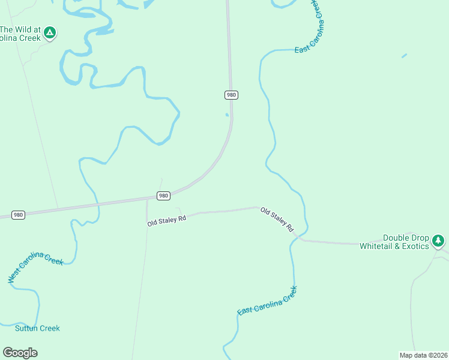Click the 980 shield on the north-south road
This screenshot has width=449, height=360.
tap(232, 95)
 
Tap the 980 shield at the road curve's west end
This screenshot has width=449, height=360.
tap(164, 196)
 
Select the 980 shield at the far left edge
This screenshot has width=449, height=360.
tap(18, 214)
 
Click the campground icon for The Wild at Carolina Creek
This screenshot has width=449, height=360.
tap(50, 32)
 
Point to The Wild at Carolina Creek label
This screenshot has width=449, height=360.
tap(20, 34)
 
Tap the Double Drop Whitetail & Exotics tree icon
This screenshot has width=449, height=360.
tap(438, 241)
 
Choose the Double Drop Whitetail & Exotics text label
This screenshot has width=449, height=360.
tap(394, 242)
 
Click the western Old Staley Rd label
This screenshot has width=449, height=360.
tap(167, 221)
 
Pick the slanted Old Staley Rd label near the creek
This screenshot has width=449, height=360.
tap(276, 220)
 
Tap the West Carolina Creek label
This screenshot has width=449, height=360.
tap(35, 267)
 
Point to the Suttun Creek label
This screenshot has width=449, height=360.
tap(37, 328)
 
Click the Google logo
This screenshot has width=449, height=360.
tap(20, 353)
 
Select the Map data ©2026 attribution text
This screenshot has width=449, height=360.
tap(423, 355)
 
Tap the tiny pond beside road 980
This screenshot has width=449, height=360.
tap(227, 115)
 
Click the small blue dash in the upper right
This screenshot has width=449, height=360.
tap(404, 56)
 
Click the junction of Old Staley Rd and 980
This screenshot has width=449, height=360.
tap(147, 199)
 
